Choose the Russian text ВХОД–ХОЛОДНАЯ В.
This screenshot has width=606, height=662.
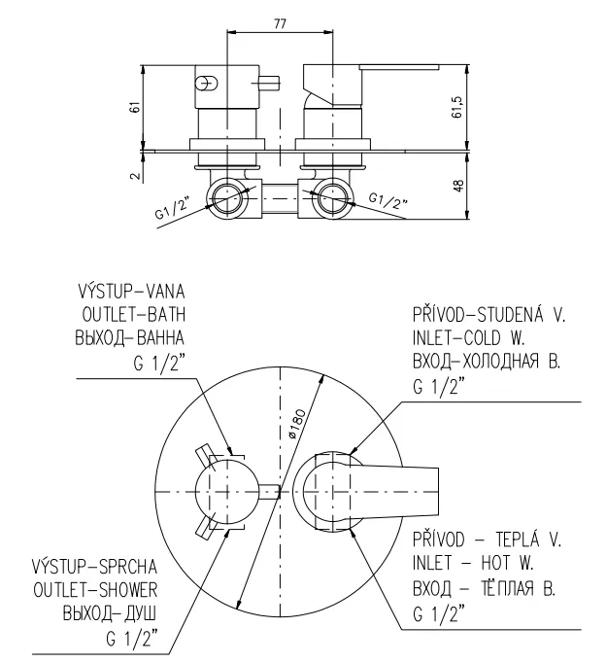(487, 361)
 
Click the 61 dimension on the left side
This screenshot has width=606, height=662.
(137, 107)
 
